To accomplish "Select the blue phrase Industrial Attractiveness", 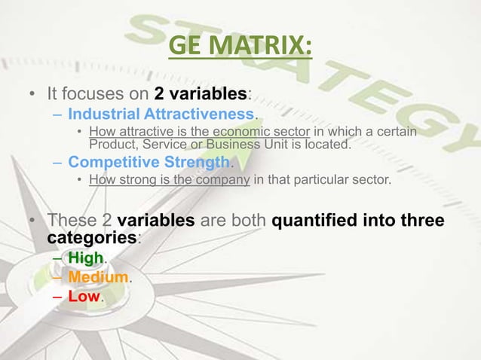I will [161, 115].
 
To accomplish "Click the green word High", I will [85, 259].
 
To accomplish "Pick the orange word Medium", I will [98, 278].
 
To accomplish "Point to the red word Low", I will [84, 297].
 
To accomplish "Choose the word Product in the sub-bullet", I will [111, 144].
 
